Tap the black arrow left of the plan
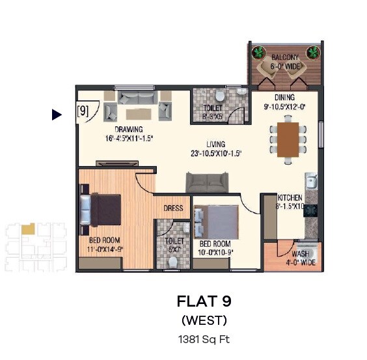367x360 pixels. [x=57, y=115]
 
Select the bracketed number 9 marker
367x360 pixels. [x=83, y=111]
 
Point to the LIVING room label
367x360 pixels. [x=216, y=145]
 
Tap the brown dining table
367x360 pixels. [x=288, y=139]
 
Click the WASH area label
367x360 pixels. [x=299, y=254]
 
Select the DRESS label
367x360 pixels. [x=173, y=209]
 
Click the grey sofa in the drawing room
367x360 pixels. [x=137, y=100]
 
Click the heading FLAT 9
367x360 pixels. [x=204, y=301]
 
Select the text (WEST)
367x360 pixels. [x=204, y=320]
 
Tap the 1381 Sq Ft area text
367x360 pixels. [x=204, y=339]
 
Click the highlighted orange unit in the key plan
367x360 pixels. [x=27, y=229]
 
